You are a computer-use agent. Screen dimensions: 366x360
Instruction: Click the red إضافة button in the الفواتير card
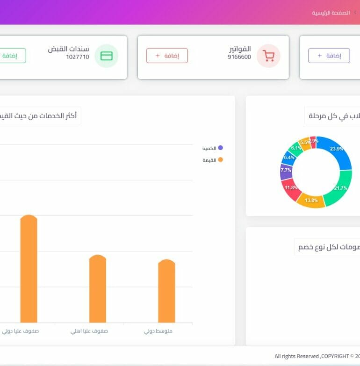tap(167, 56)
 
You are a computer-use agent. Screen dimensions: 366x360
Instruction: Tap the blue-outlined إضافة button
tap(329, 56)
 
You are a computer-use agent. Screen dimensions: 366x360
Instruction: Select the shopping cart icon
tap(269, 56)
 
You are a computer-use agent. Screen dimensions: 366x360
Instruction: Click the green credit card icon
tap(107, 56)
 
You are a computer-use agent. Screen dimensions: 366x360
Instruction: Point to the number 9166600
tap(239, 57)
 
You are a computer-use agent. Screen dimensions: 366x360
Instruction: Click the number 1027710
tap(78, 57)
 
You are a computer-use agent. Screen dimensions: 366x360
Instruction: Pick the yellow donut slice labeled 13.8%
tap(311, 200)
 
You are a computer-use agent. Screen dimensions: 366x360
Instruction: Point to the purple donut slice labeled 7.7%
tap(286, 171)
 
